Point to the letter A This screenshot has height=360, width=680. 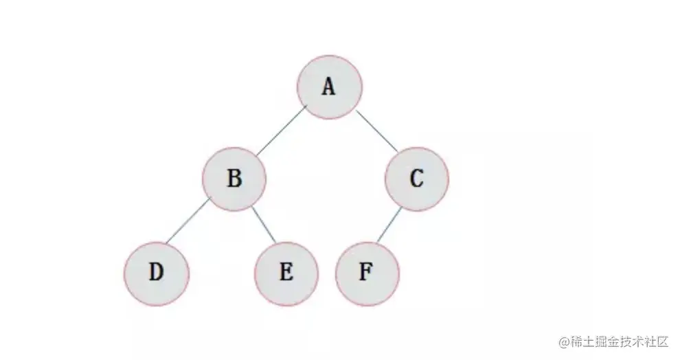tap(329, 87)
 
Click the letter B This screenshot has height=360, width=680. tap(234, 179)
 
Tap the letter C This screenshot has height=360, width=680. tap(416, 179)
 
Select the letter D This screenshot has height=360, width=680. tap(157, 273)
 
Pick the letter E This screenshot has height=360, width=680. tap(286, 273)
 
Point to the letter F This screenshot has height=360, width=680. tap(367, 273)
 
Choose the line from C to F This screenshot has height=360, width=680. tap(389, 227)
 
